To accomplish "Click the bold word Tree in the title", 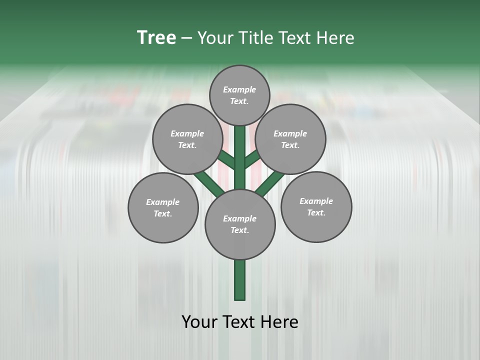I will click(x=156, y=37).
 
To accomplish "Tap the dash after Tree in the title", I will click(x=187, y=38).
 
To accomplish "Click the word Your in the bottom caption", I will click(x=199, y=321).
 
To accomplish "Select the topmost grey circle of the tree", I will click(x=239, y=95).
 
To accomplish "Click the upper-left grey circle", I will click(x=187, y=139).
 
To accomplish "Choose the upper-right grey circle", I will click(x=290, y=139).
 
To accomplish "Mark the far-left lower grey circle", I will click(x=163, y=207).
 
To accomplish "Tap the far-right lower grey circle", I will click(x=316, y=206).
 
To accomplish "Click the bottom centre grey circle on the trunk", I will click(x=240, y=224).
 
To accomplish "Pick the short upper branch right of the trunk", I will click(x=252, y=158).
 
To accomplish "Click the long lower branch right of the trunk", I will click(x=270, y=182).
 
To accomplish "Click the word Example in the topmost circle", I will click(x=239, y=89).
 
